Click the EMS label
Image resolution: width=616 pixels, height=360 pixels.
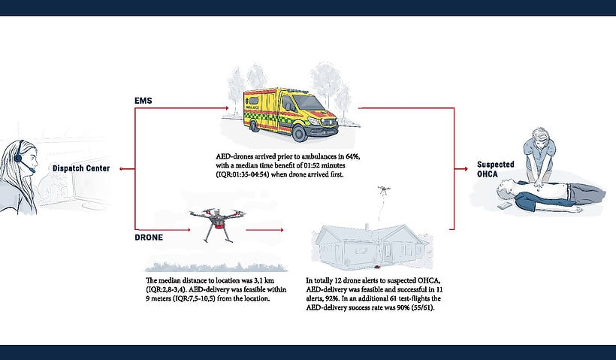[143, 101]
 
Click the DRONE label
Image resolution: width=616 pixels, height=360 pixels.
[149, 237]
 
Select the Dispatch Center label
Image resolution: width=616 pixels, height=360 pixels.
[81, 168]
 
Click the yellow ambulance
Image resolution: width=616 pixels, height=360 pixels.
[290, 114]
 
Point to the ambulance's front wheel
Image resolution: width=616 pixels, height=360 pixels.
[299, 134]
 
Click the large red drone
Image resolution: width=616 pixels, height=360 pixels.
[217, 222]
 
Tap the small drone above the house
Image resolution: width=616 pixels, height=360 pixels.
[384, 190]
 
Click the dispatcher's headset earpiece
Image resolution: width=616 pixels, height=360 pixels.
[18, 158]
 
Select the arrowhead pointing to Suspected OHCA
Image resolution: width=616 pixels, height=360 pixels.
[466, 169]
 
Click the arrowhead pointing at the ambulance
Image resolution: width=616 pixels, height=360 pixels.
[226, 108]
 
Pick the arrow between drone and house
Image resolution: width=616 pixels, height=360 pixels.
[264, 230]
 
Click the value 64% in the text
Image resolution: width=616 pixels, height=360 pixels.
[352, 156]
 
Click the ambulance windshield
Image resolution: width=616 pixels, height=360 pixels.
[310, 103]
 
